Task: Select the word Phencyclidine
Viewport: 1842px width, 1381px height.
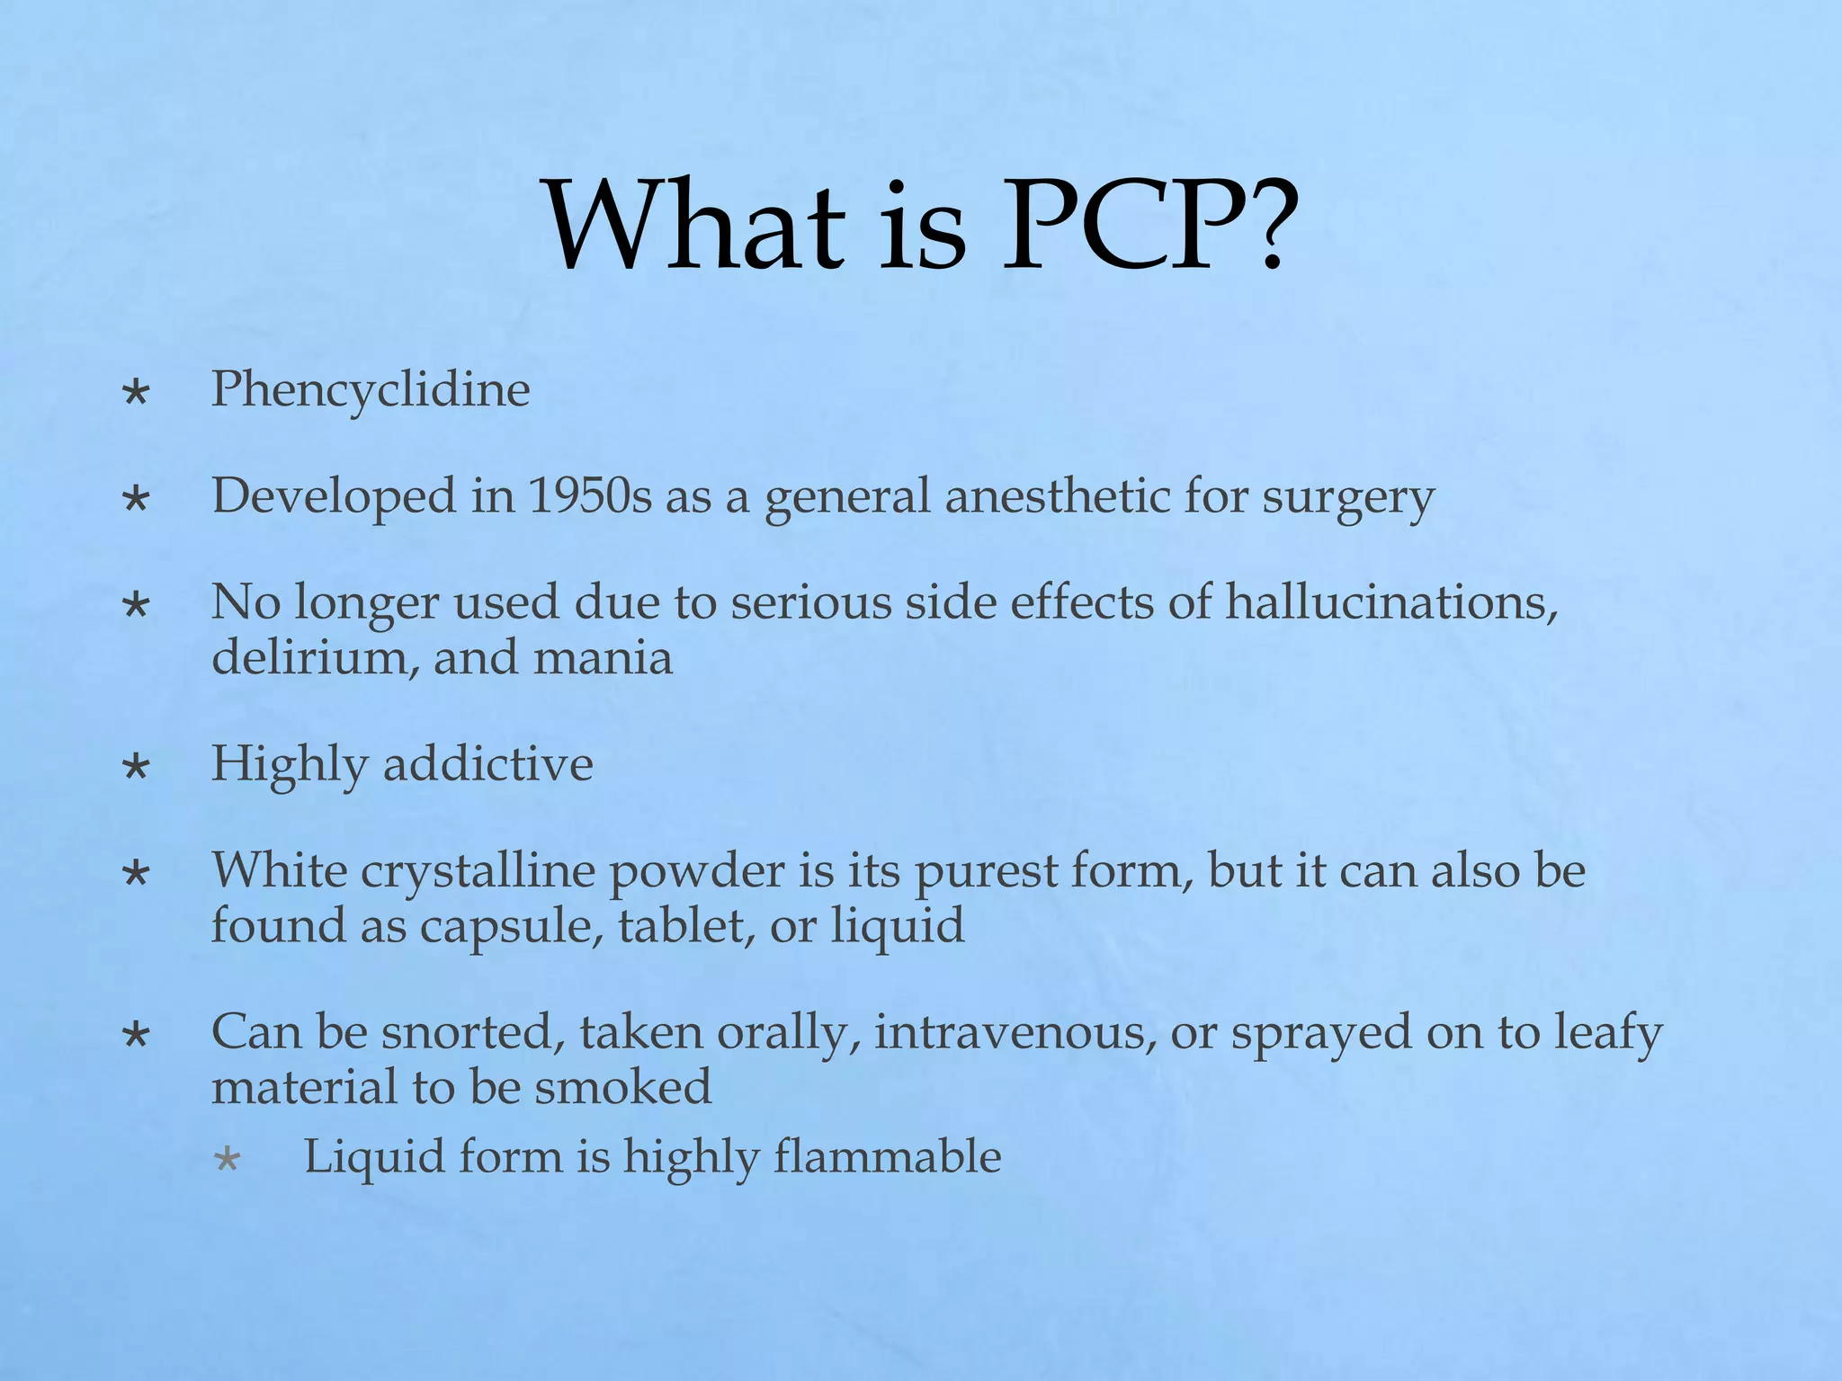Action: click(371, 390)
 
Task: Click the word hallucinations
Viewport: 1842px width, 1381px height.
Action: click(1391, 601)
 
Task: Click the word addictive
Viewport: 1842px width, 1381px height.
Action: click(488, 764)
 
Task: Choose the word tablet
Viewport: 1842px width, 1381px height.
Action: click(686, 926)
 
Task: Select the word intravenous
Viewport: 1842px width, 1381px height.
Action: click(1015, 1032)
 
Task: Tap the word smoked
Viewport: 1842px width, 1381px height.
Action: click(622, 1087)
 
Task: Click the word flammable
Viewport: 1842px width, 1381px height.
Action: click(887, 1156)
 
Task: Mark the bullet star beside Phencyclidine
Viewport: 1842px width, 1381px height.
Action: click(137, 393)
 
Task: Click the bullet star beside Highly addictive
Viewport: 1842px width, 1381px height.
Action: click(137, 767)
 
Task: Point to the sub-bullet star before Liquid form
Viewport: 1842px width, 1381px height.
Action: click(228, 1159)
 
